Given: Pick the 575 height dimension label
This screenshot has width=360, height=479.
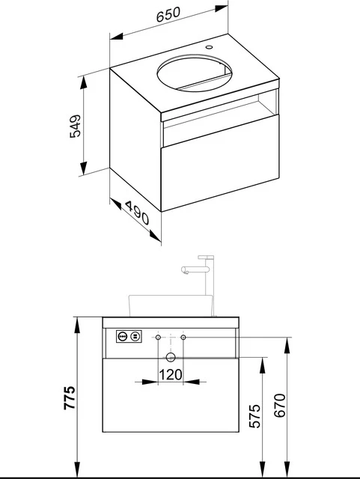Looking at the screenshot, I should click(254, 416).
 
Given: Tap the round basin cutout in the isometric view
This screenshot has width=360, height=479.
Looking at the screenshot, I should click(192, 73).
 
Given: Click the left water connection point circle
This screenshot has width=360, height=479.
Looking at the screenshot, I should click(158, 338).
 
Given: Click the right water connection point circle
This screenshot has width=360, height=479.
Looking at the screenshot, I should click(184, 338).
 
